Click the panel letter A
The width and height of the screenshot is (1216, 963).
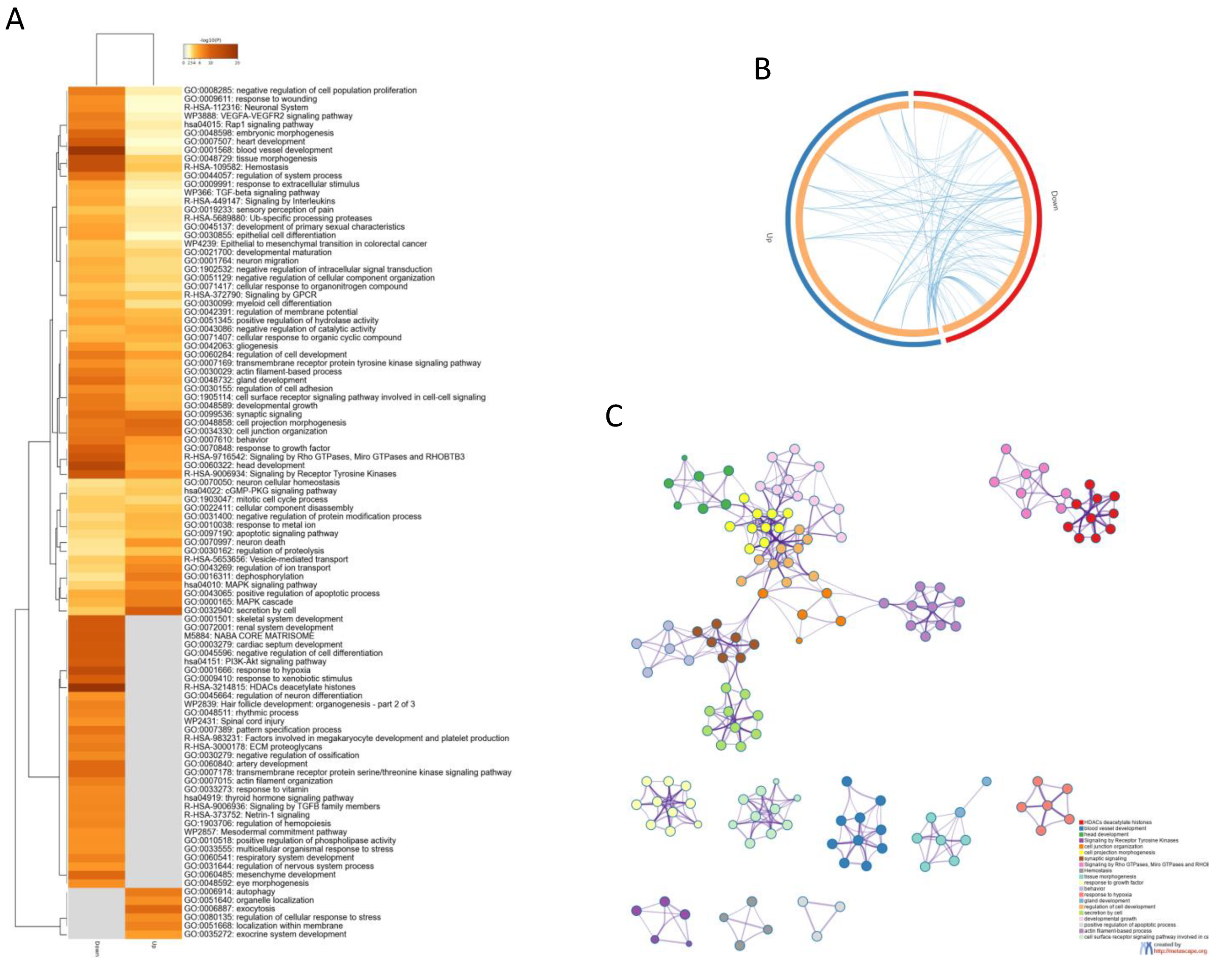15,20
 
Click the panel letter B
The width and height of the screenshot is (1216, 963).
763,69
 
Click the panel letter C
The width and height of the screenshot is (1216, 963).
614,417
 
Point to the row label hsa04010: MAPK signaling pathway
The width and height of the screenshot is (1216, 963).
250,585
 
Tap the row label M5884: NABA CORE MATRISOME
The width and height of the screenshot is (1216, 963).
249,636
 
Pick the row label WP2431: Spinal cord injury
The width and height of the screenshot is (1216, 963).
234,721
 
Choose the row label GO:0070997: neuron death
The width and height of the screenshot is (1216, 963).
234,542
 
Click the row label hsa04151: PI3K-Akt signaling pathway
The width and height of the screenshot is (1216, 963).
255,661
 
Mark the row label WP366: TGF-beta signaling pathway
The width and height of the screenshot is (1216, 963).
252,192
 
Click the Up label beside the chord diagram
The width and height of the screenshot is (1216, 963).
769,238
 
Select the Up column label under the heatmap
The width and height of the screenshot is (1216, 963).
153,944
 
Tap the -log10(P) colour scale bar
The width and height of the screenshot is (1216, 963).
211,51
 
